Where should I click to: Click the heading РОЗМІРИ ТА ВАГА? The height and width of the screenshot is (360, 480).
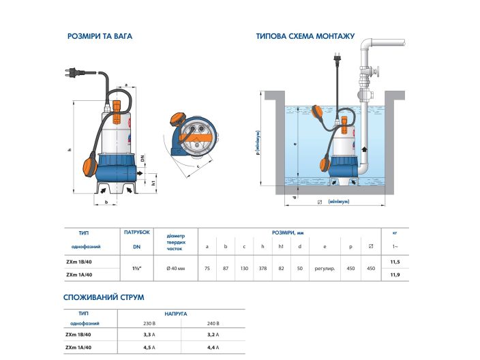pyautogui.click(x=101, y=36)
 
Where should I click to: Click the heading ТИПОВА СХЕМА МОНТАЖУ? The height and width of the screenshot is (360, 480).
pyautogui.click(x=305, y=36)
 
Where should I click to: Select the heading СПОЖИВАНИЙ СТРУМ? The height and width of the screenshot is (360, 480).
pyautogui.click(x=104, y=297)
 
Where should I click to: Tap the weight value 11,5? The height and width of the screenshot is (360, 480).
pyautogui.click(x=394, y=261)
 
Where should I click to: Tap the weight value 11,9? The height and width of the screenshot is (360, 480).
pyautogui.click(x=394, y=274)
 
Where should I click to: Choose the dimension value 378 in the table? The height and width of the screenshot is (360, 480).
pyautogui.click(x=262, y=268)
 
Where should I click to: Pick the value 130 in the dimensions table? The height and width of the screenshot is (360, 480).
pyautogui.click(x=244, y=268)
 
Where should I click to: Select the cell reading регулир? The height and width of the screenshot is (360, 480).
pyautogui.click(x=325, y=268)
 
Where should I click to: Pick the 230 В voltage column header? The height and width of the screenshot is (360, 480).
pyautogui.click(x=149, y=323)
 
